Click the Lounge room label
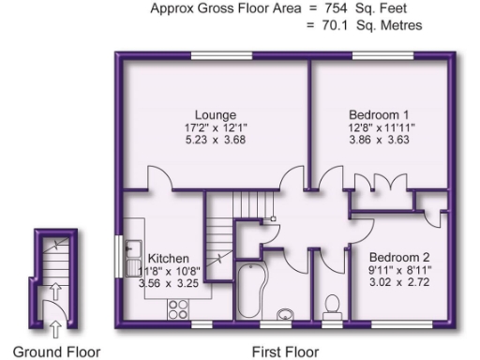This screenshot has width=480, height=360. (216, 116)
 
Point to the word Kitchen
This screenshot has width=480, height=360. (169, 259)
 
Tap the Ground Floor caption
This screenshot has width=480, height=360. (48, 352)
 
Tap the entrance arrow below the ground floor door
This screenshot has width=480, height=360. (54, 327)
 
